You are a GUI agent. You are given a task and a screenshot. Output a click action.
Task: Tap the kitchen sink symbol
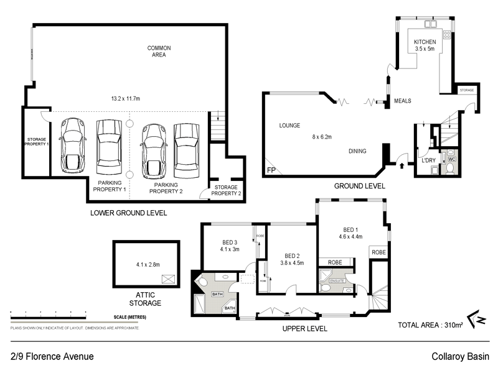pyautogui.click(x=430, y=25)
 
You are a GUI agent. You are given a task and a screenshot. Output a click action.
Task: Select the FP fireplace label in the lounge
pyautogui.click(x=270, y=170)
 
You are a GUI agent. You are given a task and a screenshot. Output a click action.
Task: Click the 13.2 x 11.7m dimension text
pyautogui.click(x=125, y=98)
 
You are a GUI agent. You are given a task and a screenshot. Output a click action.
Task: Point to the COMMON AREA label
pyautogui.click(x=159, y=52)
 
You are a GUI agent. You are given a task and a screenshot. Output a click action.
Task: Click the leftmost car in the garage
pyautogui.click(x=73, y=147)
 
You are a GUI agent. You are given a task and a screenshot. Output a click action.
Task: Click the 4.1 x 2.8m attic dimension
pyautogui.click(x=148, y=264)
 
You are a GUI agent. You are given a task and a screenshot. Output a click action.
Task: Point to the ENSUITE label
pyautogui.click(x=328, y=281)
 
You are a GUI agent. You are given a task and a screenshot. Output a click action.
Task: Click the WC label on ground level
pyautogui.click(x=452, y=159)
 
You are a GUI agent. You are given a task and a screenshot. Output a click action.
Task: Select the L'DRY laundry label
pyautogui.click(x=428, y=160)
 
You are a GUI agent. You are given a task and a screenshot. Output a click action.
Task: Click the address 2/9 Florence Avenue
pyautogui.click(x=52, y=357)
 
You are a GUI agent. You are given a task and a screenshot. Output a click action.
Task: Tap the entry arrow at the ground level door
pyautogui.click(x=402, y=165)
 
